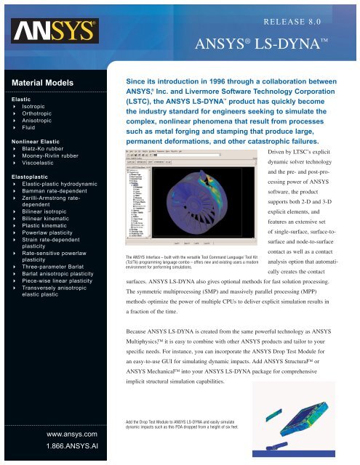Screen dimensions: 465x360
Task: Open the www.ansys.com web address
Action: click(x=57, y=434)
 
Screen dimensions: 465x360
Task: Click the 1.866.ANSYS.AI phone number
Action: click(x=57, y=448)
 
